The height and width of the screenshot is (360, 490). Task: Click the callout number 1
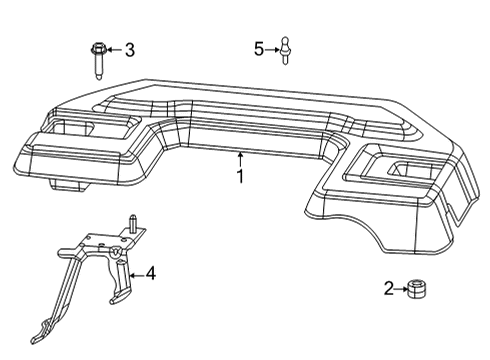click(x=240, y=176)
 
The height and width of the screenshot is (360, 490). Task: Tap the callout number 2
click(x=389, y=289)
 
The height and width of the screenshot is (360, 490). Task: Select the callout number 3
click(x=129, y=49)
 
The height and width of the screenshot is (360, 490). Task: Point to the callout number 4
click(x=150, y=273)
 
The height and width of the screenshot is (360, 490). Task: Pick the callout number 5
click(x=258, y=48)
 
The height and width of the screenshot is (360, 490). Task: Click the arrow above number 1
click(x=240, y=158)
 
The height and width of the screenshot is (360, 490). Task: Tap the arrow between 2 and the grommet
click(x=400, y=289)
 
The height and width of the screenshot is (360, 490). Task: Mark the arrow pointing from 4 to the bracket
click(x=136, y=273)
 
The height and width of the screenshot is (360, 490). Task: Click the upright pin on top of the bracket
click(x=131, y=221)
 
